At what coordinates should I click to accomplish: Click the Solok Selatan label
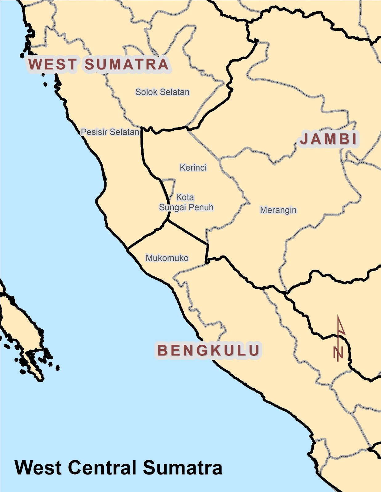(162, 92)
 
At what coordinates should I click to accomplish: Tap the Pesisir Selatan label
(110, 132)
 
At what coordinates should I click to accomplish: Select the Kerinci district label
(193, 168)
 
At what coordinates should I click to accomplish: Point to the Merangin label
(278, 210)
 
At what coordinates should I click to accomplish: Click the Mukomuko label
(167, 258)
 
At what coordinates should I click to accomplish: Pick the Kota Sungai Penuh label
(186, 202)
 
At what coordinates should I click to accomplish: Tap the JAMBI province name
(329, 139)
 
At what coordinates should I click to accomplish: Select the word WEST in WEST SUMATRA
(52, 64)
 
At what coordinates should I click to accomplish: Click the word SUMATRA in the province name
(127, 64)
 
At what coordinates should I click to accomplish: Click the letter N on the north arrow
(338, 352)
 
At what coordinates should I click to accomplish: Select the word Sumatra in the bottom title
(182, 468)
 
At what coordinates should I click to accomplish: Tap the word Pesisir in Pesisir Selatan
(94, 132)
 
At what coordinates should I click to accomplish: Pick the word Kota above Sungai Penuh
(185, 197)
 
